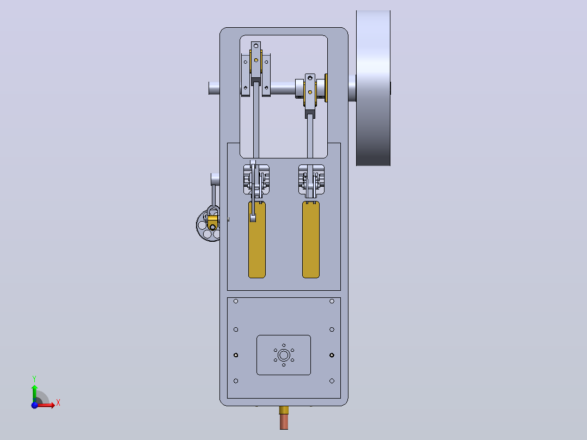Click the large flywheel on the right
pyautogui.click(x=373, y=88)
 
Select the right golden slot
pyautogui.click(x=311, y=240)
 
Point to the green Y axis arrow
pyautogui.click(x=34, y=393)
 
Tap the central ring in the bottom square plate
pyautogui.click(x=284, y=355)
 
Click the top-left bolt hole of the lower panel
pyautogui.click(x=236, y=301)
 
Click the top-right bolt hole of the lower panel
pyautogui.click(x=332, y=301)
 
